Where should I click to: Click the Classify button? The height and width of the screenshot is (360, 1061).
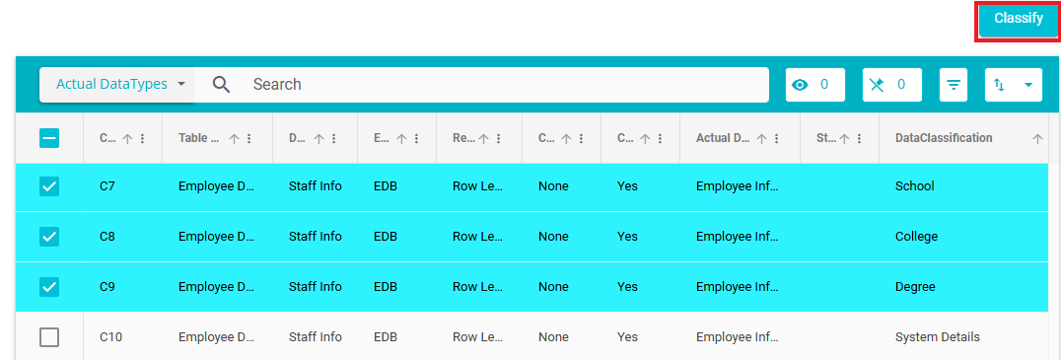click(1018, 19)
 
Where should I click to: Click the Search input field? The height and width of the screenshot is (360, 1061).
click(508, 85)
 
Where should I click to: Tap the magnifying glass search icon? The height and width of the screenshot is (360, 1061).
click(221, 85)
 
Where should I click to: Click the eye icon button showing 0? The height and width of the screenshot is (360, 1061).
click(814, 85)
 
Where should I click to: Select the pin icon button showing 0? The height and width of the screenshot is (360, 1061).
click(891, 85)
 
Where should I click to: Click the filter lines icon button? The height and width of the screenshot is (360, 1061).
click(954, 85)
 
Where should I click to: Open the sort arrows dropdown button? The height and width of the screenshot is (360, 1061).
click(1013, 85)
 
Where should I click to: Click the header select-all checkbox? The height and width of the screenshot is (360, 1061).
click(49, 138)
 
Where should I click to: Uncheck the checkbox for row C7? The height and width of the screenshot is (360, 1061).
click(49, 186)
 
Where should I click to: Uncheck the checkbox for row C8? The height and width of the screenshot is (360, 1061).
click(49, 236)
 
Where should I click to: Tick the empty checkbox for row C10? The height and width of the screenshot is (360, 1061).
click(49, 337)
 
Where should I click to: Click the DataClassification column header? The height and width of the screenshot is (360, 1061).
click(944, 138)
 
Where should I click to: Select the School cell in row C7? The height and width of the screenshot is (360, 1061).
click(914, 186)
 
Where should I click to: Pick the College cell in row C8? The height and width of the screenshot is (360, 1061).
click(916, 236)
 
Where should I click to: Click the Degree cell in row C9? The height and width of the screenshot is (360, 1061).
click(915, 287)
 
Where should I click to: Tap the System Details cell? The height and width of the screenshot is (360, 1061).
click(937, 337)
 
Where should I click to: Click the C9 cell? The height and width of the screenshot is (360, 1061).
click(106, 287)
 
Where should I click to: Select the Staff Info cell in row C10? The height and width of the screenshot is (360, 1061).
click(316, 337)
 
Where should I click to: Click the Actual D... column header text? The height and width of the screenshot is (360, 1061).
click(723, 138)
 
